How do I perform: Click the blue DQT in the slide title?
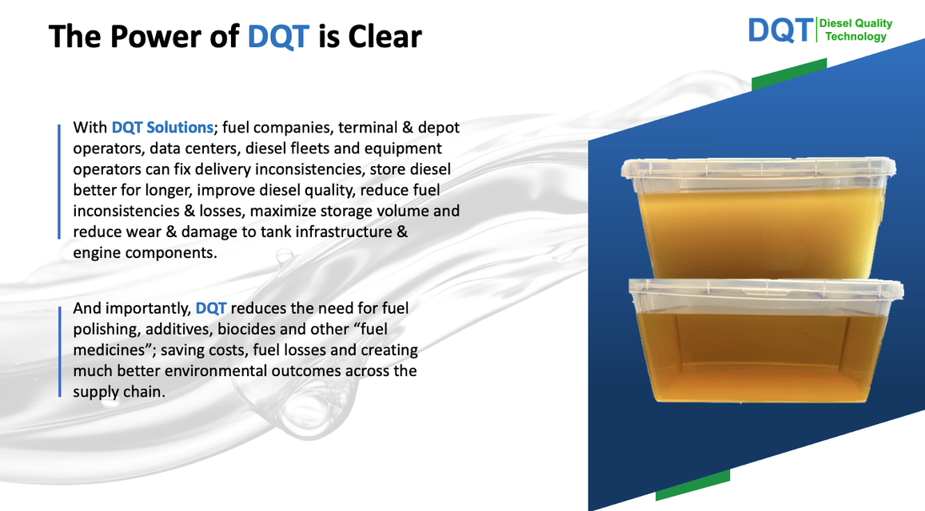(x=278, y=37)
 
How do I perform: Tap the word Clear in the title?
(x=385, y=37)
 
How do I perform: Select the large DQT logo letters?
(x=780, y=30)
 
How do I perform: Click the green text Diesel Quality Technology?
(x=855, y=30)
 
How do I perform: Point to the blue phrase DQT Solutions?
(x=162, y=127)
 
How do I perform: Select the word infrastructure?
(x=339, y=232)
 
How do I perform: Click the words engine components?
(x=146, y=253)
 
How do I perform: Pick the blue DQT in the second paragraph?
(x=210, y=308)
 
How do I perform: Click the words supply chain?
(x=119, y=392)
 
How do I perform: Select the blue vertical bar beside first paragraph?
(x=59, y=181)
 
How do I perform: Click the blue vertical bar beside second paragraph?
(x=59, y=351)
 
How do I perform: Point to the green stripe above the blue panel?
(x=789, y=73)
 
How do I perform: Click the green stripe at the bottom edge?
(x=692, y=485)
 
